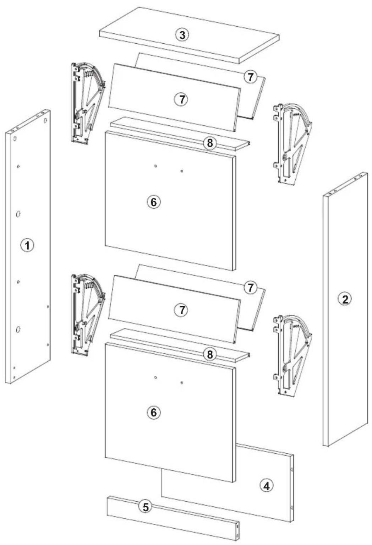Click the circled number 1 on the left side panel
tap(27, 245)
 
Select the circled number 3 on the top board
tap(182, 35)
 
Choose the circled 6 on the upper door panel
tap(154, 202)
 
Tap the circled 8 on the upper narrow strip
tap(209, 143)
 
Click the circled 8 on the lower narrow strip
tap(209, 354)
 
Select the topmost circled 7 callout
tap(251, 77)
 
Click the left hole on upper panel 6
tap(155, 166)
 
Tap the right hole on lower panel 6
tap(182, 383)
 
